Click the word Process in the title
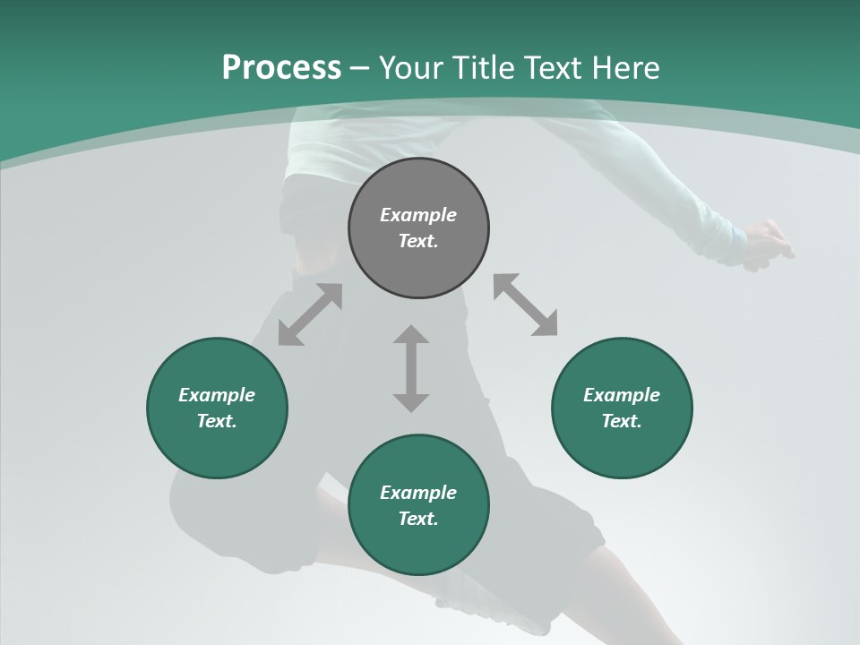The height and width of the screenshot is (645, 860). pyautogui.click(x=281, y=68)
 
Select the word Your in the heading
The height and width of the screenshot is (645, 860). pyautogui.click(x=412, y=68)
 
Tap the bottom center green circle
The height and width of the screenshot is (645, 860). pyautogui.click(x=418, y=546)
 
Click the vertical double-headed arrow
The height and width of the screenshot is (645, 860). pyautogui.click(x=411, y=368)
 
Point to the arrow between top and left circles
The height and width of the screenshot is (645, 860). pyautogui.click(x=310, y=314)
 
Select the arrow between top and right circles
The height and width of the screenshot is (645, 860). pyautogui.click(x=525, y=305)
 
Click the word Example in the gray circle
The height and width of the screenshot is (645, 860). pyautogui.click(x=418, y=215)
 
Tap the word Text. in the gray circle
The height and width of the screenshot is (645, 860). pyautogui.click(x=418, y=241)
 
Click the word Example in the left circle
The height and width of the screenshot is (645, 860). pyautogui.click(x=217, y=395)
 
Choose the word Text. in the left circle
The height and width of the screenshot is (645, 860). pyautogui.click(x=217, y=421)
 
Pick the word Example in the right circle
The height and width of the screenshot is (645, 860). pyautogui.click(x=622, y=395)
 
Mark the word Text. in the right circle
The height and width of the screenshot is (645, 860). pyautogui.click(x=622, y=421)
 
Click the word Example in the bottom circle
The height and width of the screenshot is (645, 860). pyautogui.click(x=418, y=493)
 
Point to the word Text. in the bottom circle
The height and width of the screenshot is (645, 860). pyautogui.click(x=418, y=519)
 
